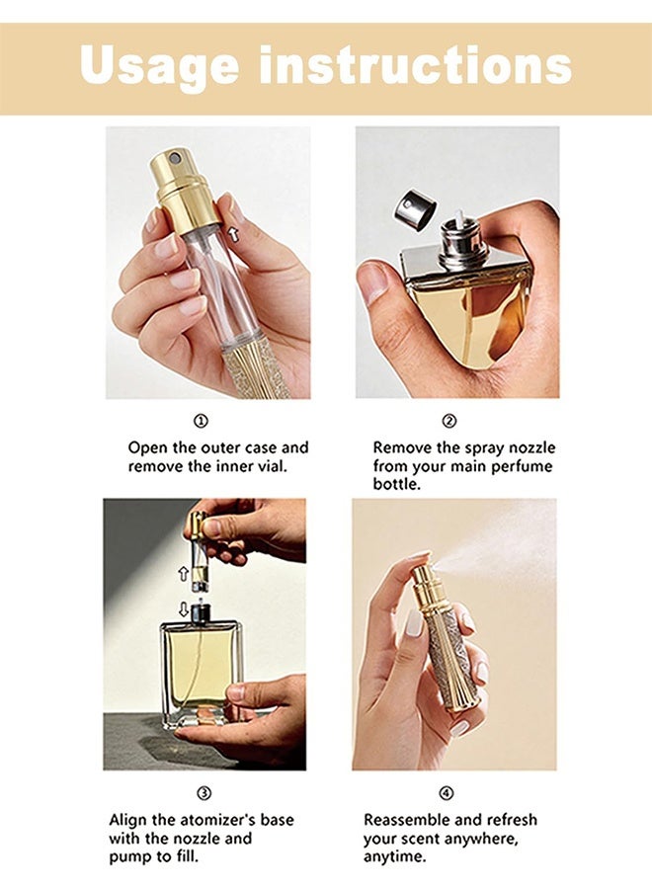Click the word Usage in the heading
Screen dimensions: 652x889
[x=160, y=65]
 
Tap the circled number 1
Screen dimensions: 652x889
[x=202, y=421]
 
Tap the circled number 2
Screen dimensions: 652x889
[x=449, y=421]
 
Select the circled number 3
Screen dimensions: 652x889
[x=204, y=793]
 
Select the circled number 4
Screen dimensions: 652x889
[x=447, y=793]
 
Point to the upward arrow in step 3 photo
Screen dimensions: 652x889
[x=183, y=573]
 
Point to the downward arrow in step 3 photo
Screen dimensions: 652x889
[x=183, y=609]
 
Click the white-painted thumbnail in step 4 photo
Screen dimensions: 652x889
[x=415, y=622]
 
